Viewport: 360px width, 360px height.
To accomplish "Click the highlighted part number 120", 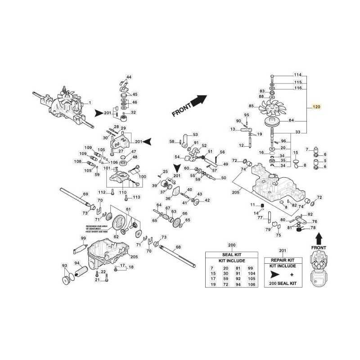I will pos(316,108).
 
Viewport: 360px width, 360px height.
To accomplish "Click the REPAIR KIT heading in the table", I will pos(283,260).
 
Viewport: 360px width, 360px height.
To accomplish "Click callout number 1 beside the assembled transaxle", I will pos(90,103).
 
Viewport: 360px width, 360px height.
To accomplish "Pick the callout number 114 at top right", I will pos(297,75).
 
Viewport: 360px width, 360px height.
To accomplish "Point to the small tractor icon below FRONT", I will pos(319,270).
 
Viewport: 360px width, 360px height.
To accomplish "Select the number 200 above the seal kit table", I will pos(232,245).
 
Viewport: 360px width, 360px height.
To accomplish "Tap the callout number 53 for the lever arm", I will pos(195,135).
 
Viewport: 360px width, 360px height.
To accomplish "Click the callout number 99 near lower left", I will pos(83,238).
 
